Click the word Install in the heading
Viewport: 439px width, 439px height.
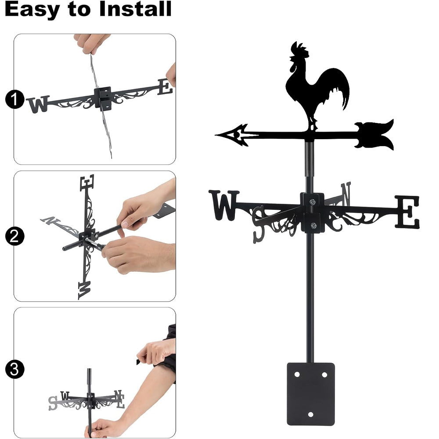135,9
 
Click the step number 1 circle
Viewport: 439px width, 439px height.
14,100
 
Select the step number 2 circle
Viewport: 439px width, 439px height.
14,236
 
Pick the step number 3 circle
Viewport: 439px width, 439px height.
14,369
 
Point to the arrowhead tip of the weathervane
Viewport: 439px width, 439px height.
216,135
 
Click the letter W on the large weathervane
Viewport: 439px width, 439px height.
224,205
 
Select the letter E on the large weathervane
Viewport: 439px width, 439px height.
407,212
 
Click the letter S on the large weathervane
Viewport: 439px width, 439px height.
259,224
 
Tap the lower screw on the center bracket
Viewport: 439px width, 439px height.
313,225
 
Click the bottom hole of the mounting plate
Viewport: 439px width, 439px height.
310,414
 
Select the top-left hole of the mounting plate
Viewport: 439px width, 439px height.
297,374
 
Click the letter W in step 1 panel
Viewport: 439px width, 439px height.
38,104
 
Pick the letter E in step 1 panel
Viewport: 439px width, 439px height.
165,87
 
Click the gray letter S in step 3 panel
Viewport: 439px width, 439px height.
53,403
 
